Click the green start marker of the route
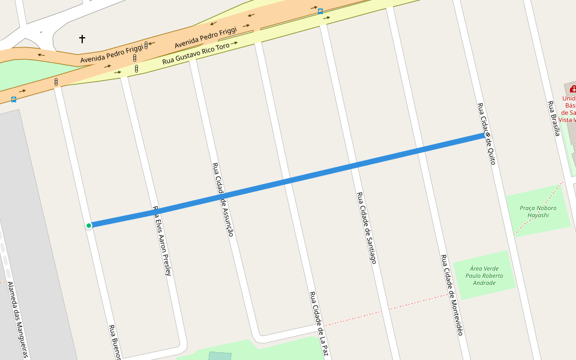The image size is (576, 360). [x=89, y=226]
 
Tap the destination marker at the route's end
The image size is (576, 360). [x=488, y=135]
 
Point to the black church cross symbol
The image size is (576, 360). [x=82, y=39]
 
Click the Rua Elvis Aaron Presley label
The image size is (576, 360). [x=163, y=241]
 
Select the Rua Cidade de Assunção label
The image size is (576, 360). [x=222, y=199]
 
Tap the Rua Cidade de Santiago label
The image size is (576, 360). [x=366, y=228]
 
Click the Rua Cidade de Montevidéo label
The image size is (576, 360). [x=452, y=295]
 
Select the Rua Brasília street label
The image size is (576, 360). [x=553, y=118]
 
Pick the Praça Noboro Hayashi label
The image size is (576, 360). [x=538, y=211]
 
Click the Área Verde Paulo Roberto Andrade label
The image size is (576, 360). [x=484, y=275]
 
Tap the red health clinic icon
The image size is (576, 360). [x=572, y=89]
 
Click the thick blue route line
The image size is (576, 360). [x=288, y=181]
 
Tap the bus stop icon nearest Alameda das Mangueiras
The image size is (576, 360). [x=13, y=100]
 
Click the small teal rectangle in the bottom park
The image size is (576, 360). [x=220, y=356]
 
